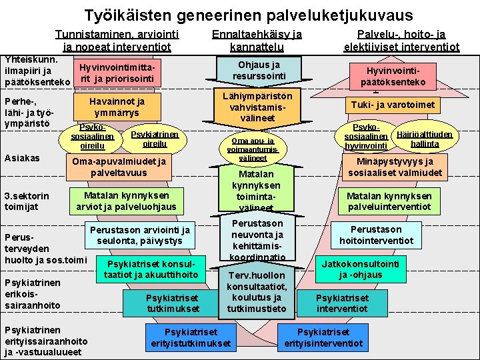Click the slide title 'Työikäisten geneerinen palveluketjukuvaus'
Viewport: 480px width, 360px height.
[248, 14]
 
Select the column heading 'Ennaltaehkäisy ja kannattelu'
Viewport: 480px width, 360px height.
[257, 41]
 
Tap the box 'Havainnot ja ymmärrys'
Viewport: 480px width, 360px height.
[117, 107]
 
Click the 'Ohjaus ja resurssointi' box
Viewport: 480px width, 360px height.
[259, 71]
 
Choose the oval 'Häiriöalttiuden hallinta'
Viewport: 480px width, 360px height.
[424, 138]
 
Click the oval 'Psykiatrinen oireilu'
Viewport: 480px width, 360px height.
[155, 139]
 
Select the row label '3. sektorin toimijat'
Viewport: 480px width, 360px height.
[27, 201]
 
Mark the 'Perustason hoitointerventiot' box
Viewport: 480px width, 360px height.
[376, 235]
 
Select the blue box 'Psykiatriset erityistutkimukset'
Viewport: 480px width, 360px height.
[191, 337]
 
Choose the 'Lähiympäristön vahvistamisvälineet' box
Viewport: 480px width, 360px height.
[257, 107]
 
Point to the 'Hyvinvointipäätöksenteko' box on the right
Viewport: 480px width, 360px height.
[393, 75]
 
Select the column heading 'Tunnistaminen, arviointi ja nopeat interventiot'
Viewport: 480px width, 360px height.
[116, 41]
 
